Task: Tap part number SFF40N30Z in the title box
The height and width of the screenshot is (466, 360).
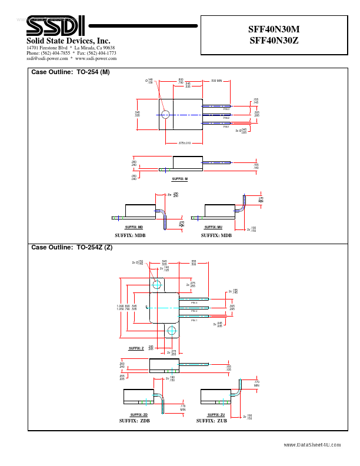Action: pyautogui.click(x=275, y=40)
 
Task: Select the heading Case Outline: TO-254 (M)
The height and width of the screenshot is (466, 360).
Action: pyautogui.click(x=70, y=72)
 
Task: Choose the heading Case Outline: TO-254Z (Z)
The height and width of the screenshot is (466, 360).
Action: pyautogui.click(x=71, y=247)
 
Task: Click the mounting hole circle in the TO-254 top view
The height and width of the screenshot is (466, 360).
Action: pyautogui.click(x=165, y=114)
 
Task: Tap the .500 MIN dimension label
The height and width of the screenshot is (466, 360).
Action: pyautogui.click(x=216, y=81)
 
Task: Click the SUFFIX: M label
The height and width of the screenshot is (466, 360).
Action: pyautogui.click(x=179, y=179)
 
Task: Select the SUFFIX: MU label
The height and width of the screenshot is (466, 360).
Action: pyautogui.click(x=213, y=227)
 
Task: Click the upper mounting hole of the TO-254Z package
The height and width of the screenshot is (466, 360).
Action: pyautogui.click(x=157, y=285)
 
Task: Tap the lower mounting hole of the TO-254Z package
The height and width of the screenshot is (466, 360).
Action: pyautogui.click(x=171, y=331)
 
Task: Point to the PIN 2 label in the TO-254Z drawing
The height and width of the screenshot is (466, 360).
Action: pyautogui.click(x=194, y=310)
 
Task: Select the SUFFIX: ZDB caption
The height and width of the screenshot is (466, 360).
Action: pyautogui.click(x=135, y=421)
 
